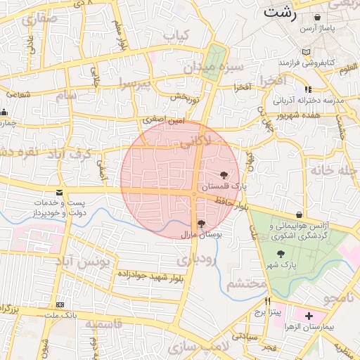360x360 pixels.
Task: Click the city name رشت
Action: [280, 12]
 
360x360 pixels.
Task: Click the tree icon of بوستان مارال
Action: [202, 224]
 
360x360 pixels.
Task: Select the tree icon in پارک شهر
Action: [281, 254]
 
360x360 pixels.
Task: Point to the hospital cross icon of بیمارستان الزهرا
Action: [309, 316]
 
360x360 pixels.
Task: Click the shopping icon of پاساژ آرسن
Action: [318, 17]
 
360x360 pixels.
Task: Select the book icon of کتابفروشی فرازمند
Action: [305, 52]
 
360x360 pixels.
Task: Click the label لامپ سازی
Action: [205, 346]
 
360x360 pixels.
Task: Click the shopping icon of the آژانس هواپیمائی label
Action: [300, 214]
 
